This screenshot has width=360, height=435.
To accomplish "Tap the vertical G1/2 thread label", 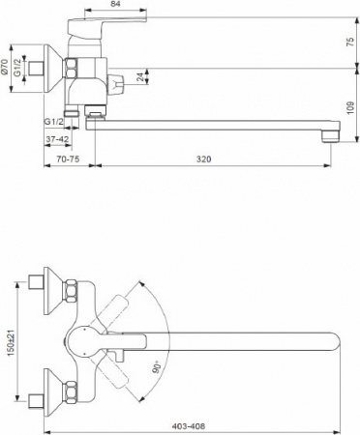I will [x=24, y=68].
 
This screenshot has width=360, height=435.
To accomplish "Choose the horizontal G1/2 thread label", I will [x=53, y=121].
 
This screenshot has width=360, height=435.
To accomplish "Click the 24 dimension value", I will [x=142, y=76].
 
